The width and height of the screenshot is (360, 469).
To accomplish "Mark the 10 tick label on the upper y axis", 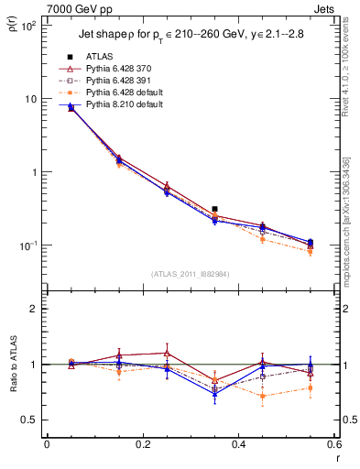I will pos(28,99).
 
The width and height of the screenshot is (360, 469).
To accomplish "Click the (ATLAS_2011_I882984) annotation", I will pos(191,274).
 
